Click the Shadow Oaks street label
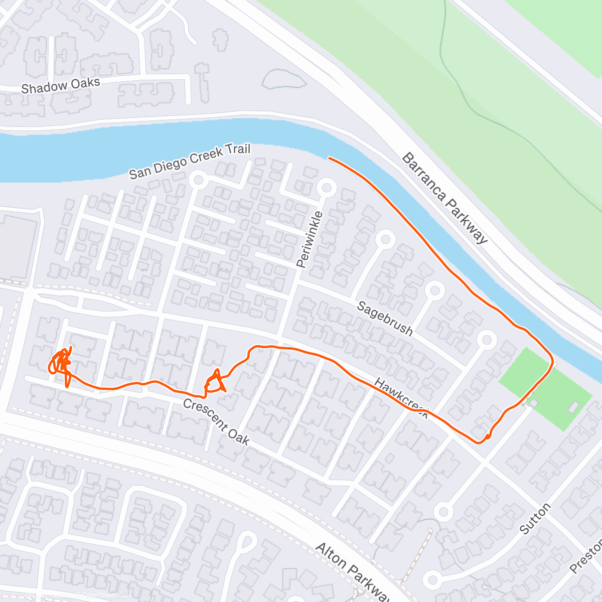click(60, 85)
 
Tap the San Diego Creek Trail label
click(189, 161)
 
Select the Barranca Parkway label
click(444, 198)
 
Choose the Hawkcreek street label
click(401, 398)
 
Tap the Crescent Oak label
click(216, 421)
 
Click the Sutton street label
click(535, 518)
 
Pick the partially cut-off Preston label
click(587, 557)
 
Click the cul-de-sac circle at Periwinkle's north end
click(326, 188)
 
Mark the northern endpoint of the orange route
click(329, 158)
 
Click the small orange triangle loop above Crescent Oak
click(216, 382)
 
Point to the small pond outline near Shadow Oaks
click(283, 79)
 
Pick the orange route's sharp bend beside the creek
click(551, 360)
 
